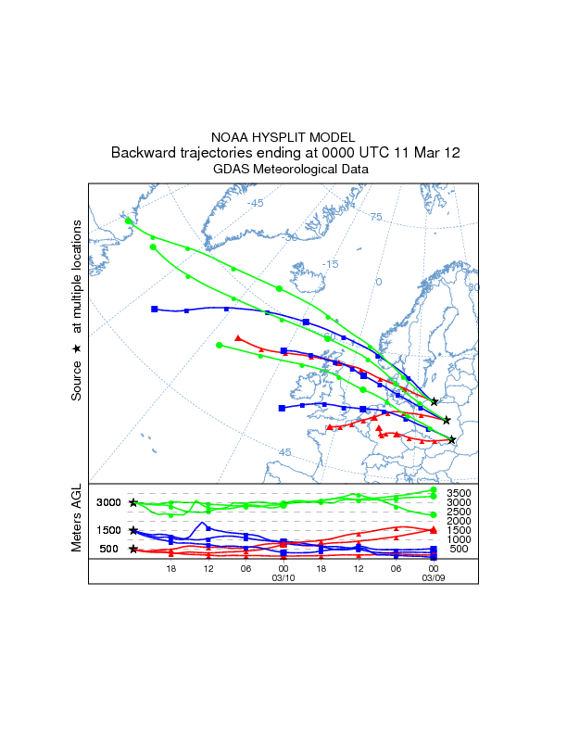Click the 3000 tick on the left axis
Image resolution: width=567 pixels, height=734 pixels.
click(109, 502)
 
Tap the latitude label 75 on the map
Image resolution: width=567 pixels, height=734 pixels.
click(376, 217)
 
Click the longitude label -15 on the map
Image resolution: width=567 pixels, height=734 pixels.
click(330, 264)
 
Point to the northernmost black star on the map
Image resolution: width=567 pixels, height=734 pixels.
click(435, 401)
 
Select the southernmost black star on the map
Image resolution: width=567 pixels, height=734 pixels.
click(452, 439)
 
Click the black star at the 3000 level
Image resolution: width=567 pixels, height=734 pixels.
click(133, 502)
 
